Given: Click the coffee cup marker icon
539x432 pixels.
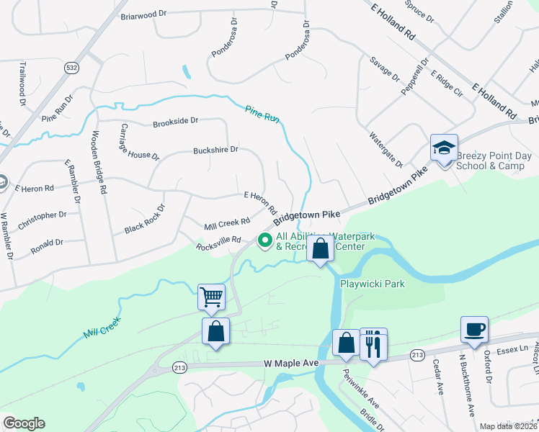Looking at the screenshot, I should coord(473,329).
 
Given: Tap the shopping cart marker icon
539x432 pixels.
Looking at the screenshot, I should coord(212,296).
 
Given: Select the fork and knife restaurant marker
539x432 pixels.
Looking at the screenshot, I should coord(373,343).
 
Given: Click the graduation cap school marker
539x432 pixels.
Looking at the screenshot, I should coord(443,148).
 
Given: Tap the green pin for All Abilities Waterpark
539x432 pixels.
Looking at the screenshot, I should coord(264,240).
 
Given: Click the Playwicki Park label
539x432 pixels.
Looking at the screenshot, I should coord(373,284).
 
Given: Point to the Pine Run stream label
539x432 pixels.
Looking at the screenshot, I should coord(262,114).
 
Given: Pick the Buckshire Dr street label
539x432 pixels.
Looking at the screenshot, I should coord(215,150).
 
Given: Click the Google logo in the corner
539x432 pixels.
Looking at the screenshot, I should coord(24,423).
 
